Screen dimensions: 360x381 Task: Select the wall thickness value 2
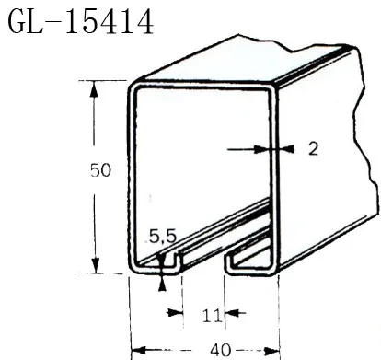(x=313, y=148)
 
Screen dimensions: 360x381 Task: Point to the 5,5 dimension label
(x=162, y=237)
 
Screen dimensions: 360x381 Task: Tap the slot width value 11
(x=210, y=315)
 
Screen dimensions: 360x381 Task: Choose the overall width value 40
(x=220, y=350)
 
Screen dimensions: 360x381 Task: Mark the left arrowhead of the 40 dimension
(x=136, y=350)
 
